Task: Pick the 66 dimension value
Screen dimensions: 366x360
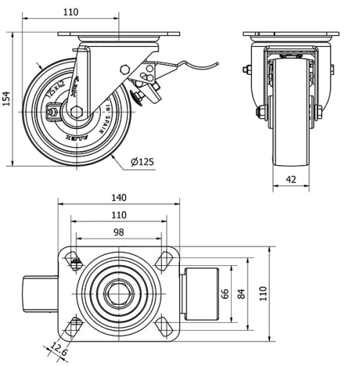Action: coord(225,293)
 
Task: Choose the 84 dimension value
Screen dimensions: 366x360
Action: coord(243,293)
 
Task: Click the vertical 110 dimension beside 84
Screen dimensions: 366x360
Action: coord(264,293)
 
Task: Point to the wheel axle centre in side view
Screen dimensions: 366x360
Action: coord(77,112)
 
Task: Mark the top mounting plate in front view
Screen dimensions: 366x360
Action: coord(290,35)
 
